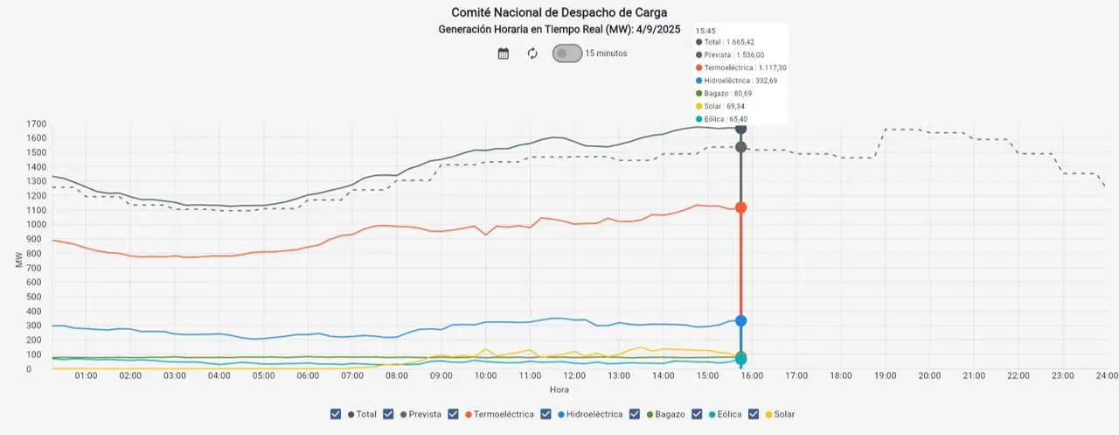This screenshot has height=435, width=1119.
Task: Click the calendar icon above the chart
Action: click(x=504, y=53)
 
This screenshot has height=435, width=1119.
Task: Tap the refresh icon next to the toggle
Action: click(x=532, y=53)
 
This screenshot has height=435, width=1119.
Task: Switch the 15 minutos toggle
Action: click(x=566, y=53)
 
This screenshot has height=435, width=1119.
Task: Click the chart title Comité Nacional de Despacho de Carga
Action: click(x=559, y=12)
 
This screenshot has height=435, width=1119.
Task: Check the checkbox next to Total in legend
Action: click(x=337, y=414)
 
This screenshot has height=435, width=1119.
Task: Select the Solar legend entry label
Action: click(x=784, y=414)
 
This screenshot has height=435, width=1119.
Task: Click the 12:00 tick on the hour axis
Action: click(x=574, y=375)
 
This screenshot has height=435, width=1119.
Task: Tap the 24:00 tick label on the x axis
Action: click(x=1106, y=375)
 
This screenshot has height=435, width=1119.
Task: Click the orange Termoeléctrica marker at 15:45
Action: click(x=740, y=207)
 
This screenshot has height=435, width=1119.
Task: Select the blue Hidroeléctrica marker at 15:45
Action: click(x=740, y=320)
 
